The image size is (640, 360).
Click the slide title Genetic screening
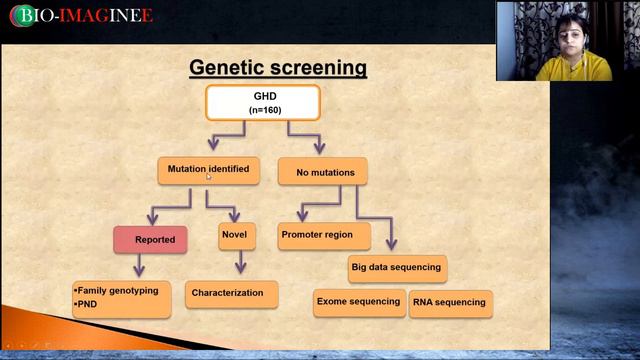coord(278,68)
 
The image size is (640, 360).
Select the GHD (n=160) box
coord(263,103)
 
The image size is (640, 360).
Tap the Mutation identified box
coord(208,170)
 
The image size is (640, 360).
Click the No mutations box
coord(322,172)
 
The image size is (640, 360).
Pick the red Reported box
coord(150,240)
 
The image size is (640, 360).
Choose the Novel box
coord(234,236)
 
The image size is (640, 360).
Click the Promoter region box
coord(324,236)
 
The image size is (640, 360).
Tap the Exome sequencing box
coord(358,302)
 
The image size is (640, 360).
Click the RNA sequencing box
coord(451,303)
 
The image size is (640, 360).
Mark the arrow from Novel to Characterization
coord(240,263)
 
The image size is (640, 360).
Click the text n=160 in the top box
coord(263,111)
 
